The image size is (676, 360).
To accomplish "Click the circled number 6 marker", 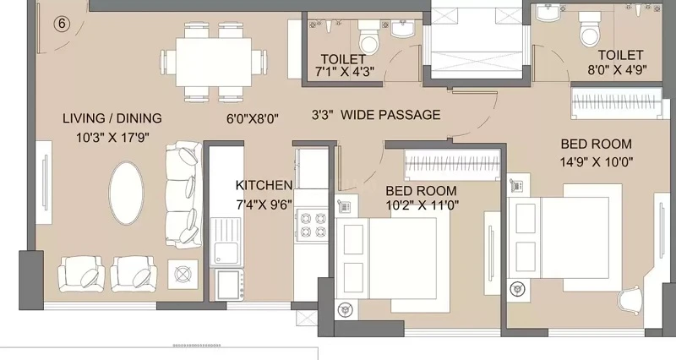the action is pyautogui.click(x=62, y=24).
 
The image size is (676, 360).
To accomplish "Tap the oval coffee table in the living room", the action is pyautogui.click(x=126, y=193).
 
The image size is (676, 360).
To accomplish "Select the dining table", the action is pyautogui.click(x=214, y=62).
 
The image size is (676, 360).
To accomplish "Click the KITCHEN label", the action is pyautogui.click(x=264, y=185).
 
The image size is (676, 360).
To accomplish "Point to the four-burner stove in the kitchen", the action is pyautogui.click(x=312, y=224).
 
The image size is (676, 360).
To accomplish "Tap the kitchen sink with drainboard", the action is pyautogui.click(x=226, y=241).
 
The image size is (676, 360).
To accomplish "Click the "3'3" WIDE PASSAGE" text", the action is pyautogui.click(x=376, y=115).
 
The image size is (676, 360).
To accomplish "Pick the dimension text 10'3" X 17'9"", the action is pyautogui.click(x=112, y=138).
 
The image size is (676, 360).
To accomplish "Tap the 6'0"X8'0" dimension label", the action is pyautogui.click(x=253, y=118).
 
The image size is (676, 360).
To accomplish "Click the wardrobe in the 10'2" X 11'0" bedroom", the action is pyautogui.click(x=452, y=165).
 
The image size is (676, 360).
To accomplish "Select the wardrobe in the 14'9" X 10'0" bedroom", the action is pyautogui.click(x=617, y=102).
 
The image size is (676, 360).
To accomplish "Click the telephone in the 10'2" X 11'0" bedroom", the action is pyautogui.click(x=344, y=206).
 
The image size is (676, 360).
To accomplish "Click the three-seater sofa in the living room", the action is pyautogui.click(x=184, y=194).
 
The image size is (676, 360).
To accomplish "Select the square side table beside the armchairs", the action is pyautogui.click(x=183, y=274).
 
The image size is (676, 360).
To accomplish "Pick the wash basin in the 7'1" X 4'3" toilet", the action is pyautogui.click(x=402, y=29).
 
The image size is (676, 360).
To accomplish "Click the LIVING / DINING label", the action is pyautogui.click(x=112, y=118).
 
